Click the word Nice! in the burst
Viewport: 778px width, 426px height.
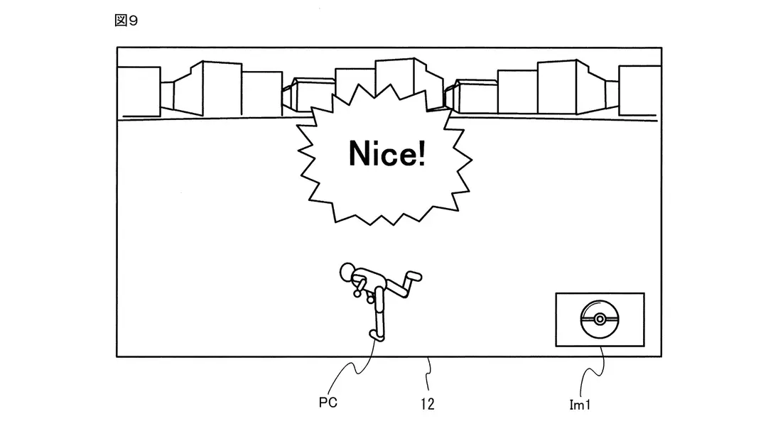tap(387, 153)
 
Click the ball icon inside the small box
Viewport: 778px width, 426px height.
tap(600, 319)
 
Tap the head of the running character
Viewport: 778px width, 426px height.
tap(348, 272)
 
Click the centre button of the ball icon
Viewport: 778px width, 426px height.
tap(600, 318)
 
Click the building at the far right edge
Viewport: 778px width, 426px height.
tap(639, 91)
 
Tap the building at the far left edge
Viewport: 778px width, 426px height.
tap(138, 90)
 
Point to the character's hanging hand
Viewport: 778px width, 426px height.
tap(369, 298)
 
